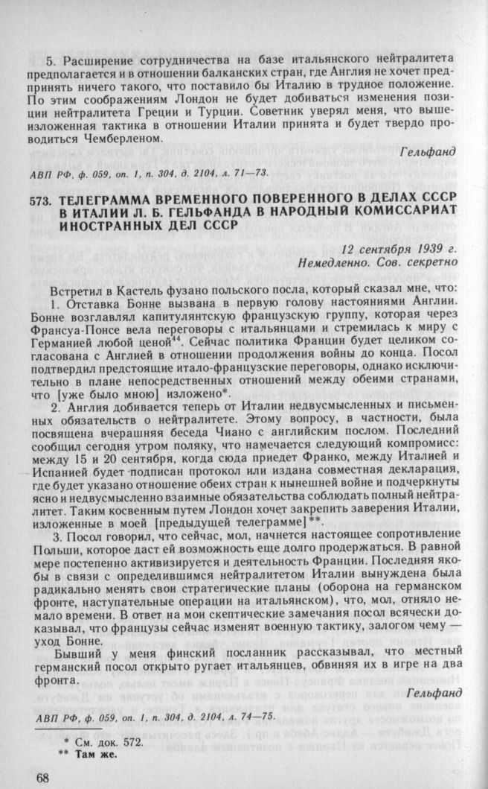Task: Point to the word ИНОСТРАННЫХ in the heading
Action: point(102,231)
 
